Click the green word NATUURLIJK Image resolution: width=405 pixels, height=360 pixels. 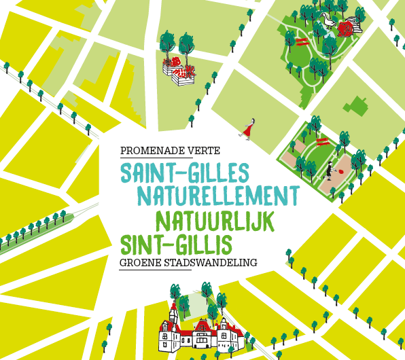tap(214, 221)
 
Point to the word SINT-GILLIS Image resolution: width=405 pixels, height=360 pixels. tap(176, 243)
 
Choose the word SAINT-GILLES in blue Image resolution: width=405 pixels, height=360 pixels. tap(184, 172)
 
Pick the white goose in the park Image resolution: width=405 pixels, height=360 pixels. tap(331, 20)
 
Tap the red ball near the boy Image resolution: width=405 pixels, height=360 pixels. tap(341, 172)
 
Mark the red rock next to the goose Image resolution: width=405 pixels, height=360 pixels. tap(346, 29)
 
